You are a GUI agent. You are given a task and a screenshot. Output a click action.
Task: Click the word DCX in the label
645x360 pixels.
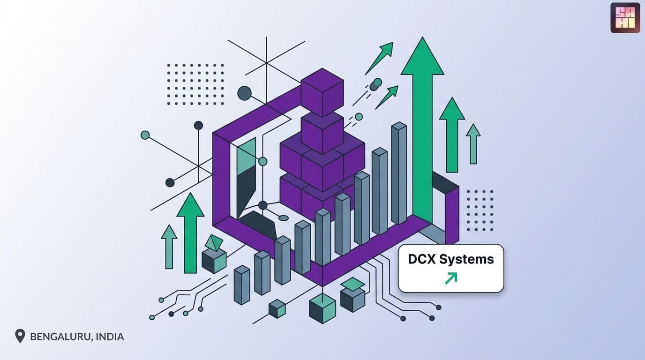421,259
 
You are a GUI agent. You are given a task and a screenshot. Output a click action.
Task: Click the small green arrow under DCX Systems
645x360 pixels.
451,278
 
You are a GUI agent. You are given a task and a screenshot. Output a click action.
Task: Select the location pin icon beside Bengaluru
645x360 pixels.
20,336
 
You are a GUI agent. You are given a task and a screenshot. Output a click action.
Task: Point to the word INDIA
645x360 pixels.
110,337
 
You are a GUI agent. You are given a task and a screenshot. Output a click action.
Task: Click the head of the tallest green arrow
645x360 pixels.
422,56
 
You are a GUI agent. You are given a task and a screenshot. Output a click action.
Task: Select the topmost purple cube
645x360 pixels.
322,91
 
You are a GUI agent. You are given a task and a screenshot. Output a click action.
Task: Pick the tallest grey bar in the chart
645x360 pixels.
399,173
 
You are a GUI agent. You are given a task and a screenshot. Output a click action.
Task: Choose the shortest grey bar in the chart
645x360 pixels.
241,285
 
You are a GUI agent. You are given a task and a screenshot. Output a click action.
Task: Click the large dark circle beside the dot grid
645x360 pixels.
245,93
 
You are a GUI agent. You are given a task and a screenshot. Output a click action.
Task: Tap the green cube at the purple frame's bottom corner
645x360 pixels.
322,308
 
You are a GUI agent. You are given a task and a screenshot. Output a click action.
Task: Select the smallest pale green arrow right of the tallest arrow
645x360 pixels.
473,144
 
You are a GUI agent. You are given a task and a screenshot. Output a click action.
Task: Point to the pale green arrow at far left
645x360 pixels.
169,247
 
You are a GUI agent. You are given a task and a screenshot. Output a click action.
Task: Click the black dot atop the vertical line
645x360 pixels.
198,126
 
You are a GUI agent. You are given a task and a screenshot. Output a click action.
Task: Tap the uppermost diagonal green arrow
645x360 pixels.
379,59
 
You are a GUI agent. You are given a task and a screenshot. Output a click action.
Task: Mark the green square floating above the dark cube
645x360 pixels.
352,284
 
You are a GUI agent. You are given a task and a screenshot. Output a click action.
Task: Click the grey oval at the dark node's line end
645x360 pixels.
283,218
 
